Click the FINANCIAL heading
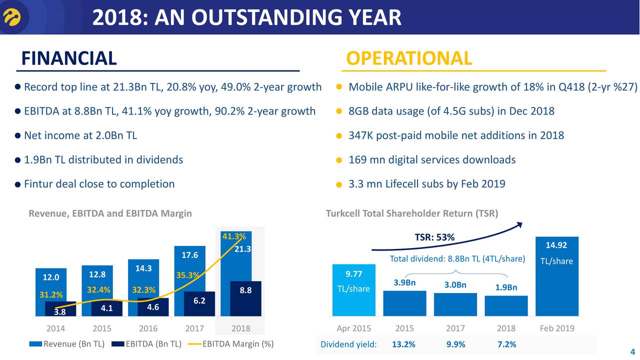pyautogui.click(x=69, y=58)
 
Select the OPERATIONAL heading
pyautogui.click(x=409, y=58)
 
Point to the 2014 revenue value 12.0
pyautogui.click(x=50, y=277)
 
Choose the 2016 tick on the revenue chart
pyautogui.click(x=148, y=328)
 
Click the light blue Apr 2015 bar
pyautogui.click(x=354, y=290)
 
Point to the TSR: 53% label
pyautogui.click(x=434, y=237)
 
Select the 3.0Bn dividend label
pyautogui.click(x=455, y=285)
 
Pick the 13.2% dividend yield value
pyautogui.click(x=402, y=344)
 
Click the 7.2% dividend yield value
pyautogui.click(x=506, y=344)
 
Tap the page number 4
pyautogui.click(x=632, y=350)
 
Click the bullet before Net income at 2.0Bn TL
pyautogui.click(x=17, y=136)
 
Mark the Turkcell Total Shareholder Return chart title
pyautogui.click(x=411, y=214)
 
